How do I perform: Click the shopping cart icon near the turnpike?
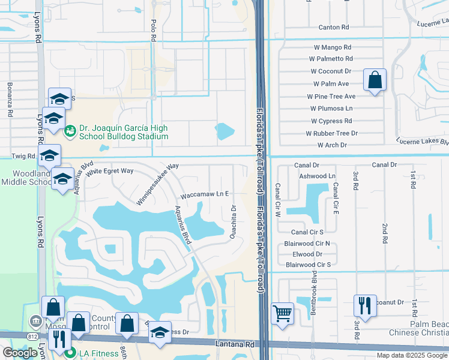282,313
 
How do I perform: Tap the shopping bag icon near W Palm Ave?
375,79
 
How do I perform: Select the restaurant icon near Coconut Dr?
364,305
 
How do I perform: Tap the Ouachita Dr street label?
234,222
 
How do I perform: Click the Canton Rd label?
334,28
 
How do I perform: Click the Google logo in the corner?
20,353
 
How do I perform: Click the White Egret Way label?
109,171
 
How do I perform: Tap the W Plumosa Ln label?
331,109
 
